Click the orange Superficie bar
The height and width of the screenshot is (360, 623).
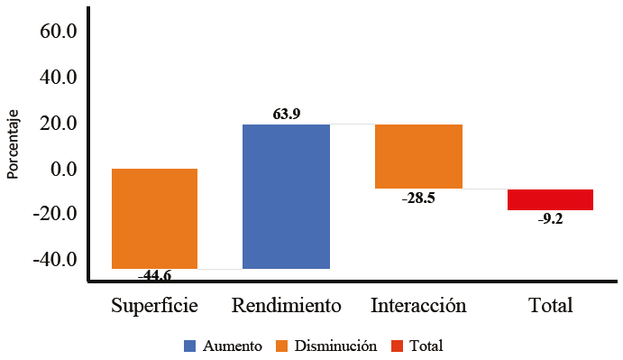[x=154, y=218]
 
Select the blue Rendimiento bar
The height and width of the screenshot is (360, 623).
[x=286, y=196]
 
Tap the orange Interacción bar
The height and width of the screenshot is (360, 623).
[x=418, y=156]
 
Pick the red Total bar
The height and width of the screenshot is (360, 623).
[x=550, y=199]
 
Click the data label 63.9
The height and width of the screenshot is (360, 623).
[x=286, y=115]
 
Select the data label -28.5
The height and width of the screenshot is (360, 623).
[x=418, y=198]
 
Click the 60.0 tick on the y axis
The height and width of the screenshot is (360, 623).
[x=60, y=32]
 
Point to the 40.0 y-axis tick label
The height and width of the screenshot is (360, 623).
[x=60, y=78]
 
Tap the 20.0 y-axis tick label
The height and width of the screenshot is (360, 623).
[x=60, y=124]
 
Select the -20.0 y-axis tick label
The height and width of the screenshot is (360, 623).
[x=56, y=215]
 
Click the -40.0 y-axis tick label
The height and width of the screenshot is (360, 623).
[x=56, y=261]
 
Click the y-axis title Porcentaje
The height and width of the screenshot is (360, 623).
[x=13, y=145]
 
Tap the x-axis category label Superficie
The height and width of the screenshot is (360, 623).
[x=154, y=305]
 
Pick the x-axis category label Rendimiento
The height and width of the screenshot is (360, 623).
[x=286, y=305]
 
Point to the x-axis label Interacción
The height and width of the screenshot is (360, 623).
[x=418, y=305]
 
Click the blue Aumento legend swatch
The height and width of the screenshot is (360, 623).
[x=189, y=346]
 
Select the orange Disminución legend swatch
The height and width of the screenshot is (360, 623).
[x=281, y=346]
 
